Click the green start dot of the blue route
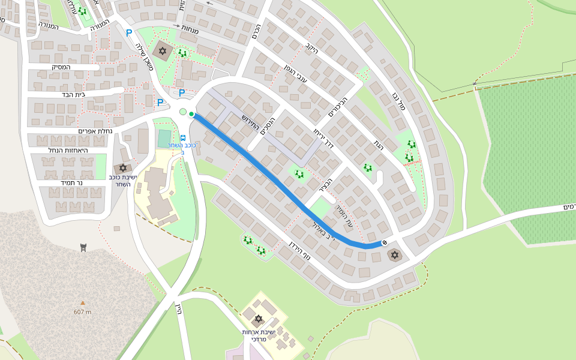pos(191,114)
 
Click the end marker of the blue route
pos(384,242)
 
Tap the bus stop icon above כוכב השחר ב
pos(183,137)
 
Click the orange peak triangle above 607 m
pos(83,303)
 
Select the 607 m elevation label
pos(83,312)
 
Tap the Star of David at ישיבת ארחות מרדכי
pos(259,319)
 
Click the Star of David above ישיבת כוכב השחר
pos(123,168)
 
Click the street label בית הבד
pos(74,94)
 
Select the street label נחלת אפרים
pos(95,131)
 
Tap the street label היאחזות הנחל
pos(68,150)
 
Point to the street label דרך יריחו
pos(325,140)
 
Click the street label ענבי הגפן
pos(296,74)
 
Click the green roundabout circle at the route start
pos(183,112)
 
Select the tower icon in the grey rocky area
pos(83,248)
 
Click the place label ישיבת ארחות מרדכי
pos(259,335)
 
